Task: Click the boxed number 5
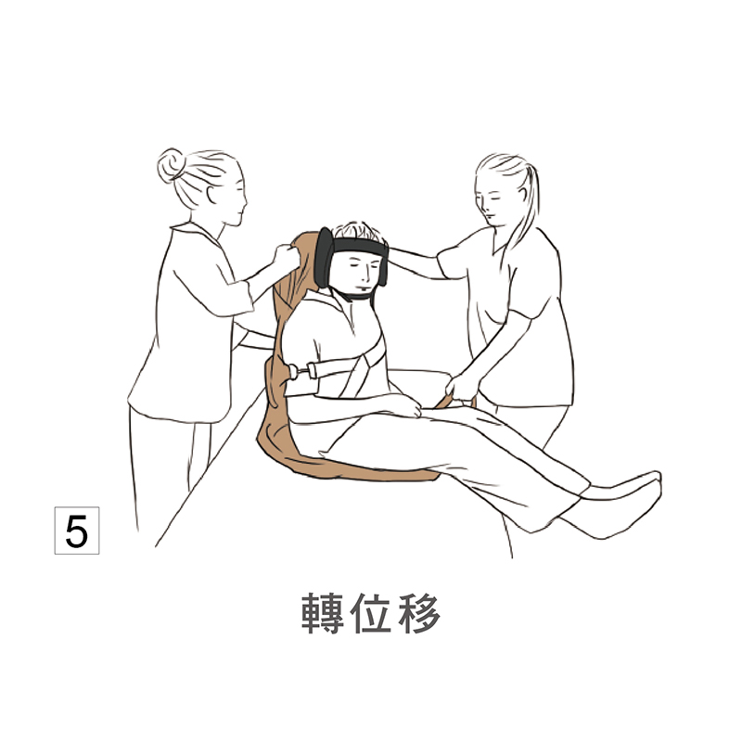click(77, 530)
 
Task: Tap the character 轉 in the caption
click(322, 613)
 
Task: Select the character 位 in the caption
click(371, 613)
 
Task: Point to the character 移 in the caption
click(420, 613)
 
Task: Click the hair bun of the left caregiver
click(171, 165)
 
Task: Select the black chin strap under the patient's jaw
click(355, 295)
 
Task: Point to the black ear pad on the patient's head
click(324, 257)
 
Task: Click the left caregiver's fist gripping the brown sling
click(287, 257)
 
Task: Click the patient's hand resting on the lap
click(403, 405)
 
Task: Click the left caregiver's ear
click(211, 194)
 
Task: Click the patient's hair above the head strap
click(357, 230)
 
